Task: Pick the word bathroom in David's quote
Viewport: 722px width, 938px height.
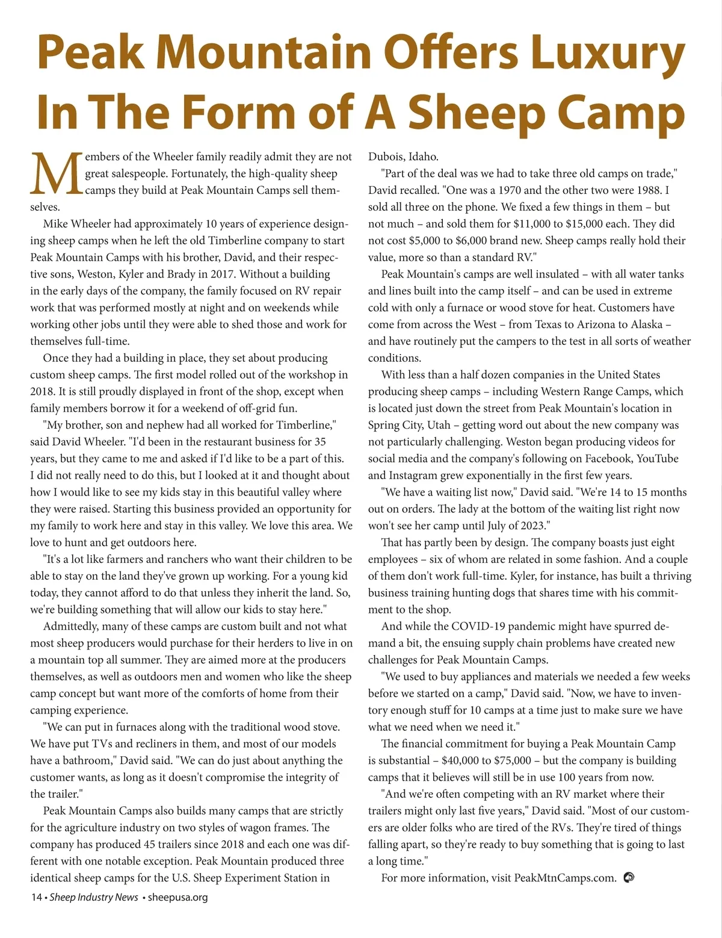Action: [83, 760]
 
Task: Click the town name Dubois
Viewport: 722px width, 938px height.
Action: [386, 157]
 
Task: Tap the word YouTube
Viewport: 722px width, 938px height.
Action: [657, 458]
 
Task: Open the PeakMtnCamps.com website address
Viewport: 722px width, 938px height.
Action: [565, 878]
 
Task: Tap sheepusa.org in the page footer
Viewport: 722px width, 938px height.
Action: [177, 897]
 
